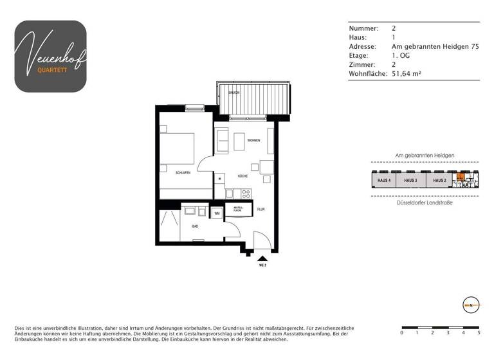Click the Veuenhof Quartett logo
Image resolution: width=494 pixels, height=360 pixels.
pyautogui.click(x=51, y=56)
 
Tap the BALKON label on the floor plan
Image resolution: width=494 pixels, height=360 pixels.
pyautogui.click(x=234, y=93)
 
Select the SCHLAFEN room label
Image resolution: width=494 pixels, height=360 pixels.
pyautogui.click(x=183, y=172)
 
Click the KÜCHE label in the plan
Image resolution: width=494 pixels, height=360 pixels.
pyautogui.click(x=242, y=175)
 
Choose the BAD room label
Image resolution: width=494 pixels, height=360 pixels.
pyautogui.click(x=195, y=226)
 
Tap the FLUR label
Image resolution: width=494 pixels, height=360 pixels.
pyautogui.click(x=261, y=209)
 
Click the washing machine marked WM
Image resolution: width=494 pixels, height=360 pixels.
pyautogui.click(x=217, y=213)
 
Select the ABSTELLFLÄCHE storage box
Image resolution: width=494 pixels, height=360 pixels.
pyautogui.click(x=238, y=209)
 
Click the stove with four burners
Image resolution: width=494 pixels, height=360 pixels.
pyautogui.click(x=246, y=193)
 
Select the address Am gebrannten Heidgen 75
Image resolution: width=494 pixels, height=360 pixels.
pyautogui.click(x=435, y=47)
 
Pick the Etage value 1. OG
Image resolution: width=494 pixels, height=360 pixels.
pyautogui.click(x=400, y=56)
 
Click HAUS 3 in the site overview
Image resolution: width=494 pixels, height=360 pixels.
pyautogui.click(x=412, y=181)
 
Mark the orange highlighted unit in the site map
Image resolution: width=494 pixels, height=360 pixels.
pyautogui.click(x=460, y=178)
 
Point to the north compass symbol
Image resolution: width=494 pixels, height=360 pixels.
pyautogui.click(x=471, y=304)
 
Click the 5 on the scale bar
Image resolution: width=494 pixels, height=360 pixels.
pyautogui.click(x=479, y=333)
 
